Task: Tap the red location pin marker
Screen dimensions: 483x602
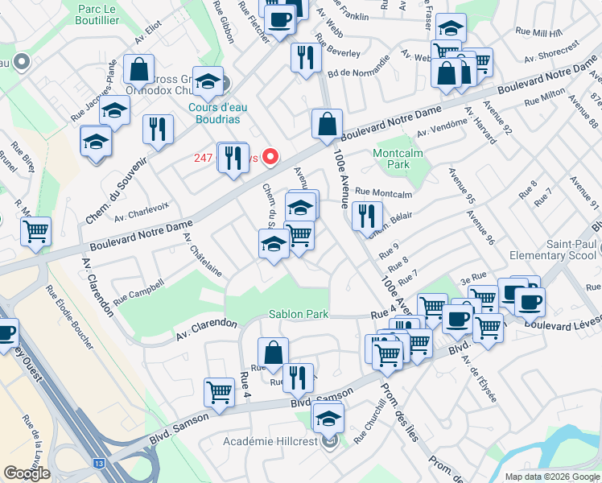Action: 271,156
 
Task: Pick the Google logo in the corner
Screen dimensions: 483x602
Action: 27,473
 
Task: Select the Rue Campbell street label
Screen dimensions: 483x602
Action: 138,291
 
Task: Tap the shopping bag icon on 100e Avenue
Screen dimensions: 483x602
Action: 327,126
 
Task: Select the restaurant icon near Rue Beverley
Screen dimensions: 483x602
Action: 305,57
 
